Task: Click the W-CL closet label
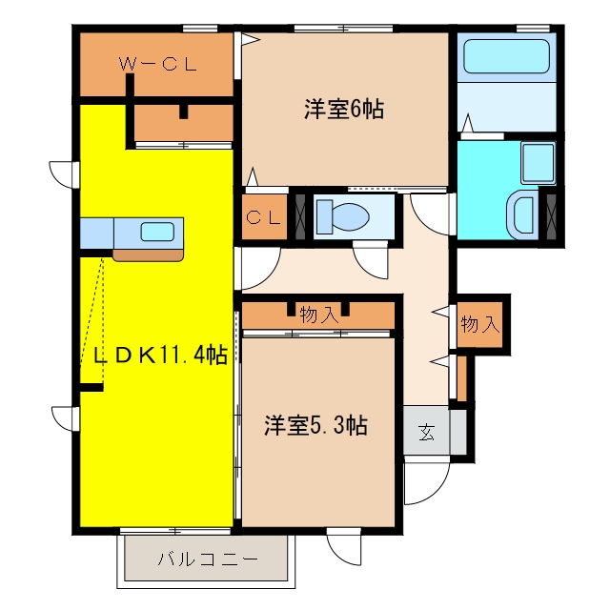tap(157, 64)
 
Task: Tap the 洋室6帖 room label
tap(344, 110)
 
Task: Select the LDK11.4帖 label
tap(160, 355)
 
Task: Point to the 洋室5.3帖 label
tap(315, 425)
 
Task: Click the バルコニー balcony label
tap(208, 559)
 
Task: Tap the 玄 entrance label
tap(426, 432)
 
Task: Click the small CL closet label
tap(263, 217)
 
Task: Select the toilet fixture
tap(342, 216)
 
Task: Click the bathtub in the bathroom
tap(506, 56)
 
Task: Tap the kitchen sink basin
tap(157, 232)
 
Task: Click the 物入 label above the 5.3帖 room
tap(319, 315)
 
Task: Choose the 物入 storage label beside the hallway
tap(480, 324)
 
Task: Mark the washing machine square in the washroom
tap(538, 163)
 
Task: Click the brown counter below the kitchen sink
tap(148, 254)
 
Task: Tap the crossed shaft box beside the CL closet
tap(300, 216)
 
